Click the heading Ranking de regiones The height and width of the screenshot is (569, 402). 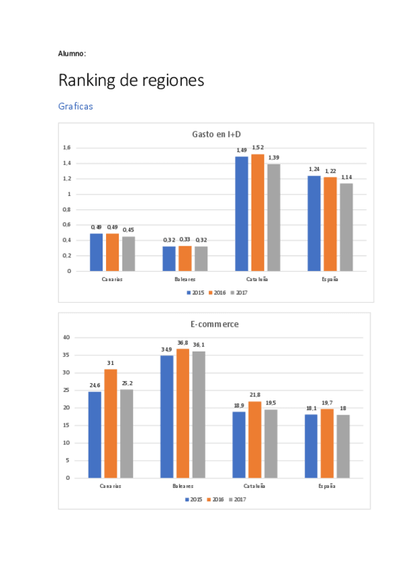[x=131, y=81]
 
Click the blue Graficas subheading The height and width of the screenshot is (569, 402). [x=75, y=106]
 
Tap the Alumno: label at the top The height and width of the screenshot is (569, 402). [x=72, y=53]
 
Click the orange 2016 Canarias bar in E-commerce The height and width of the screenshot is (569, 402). [x=111, y=423]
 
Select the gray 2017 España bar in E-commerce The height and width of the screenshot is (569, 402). [x=343, y=446]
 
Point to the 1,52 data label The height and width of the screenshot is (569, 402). [x=258, y=147]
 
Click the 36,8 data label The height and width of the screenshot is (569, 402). [x=183, y=342]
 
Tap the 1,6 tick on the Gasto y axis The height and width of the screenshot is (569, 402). [x=66, y=148]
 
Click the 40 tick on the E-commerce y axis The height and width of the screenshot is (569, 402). [x=66, y=338]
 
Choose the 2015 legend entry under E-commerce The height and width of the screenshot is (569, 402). [x=194, y=499]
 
